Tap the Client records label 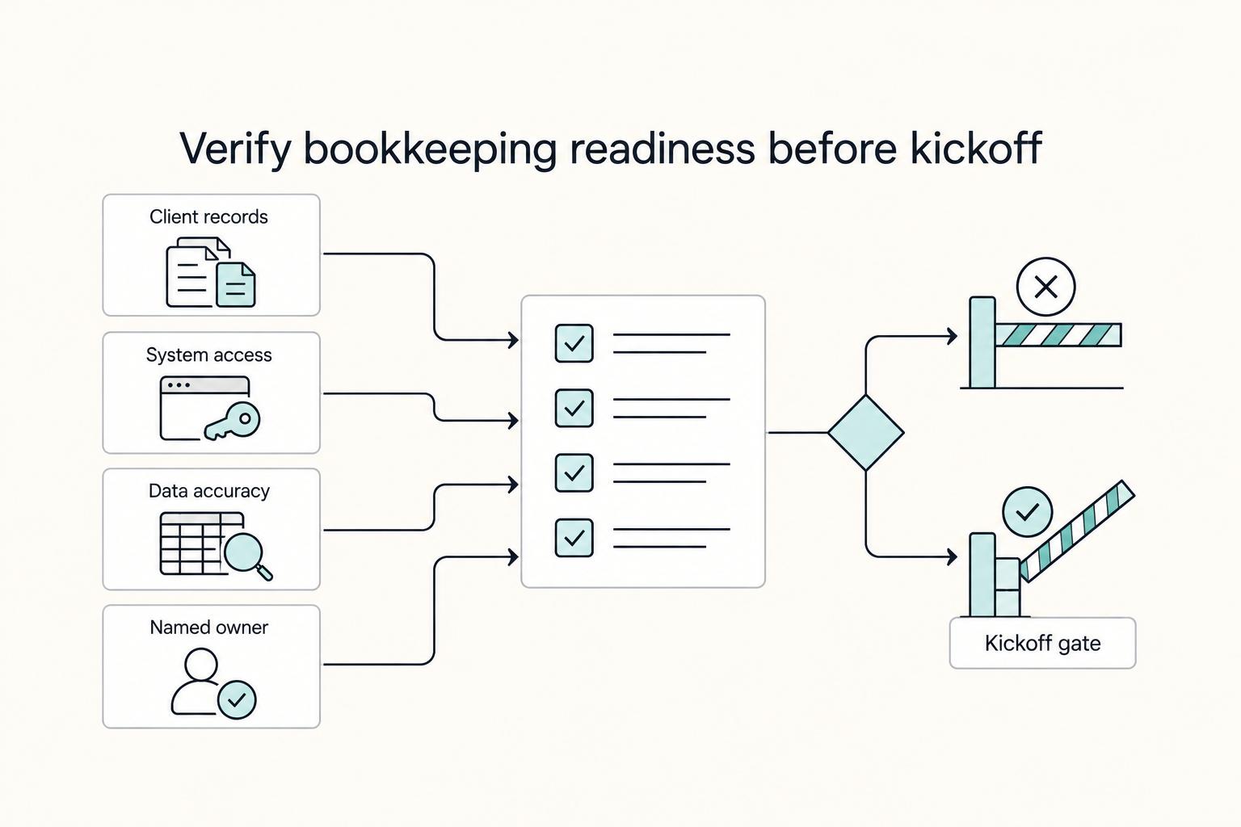coord(208,216)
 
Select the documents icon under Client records coord(211,272)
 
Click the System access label coord(209,355)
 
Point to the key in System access coord(233,422)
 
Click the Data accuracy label coord(209,491)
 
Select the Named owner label coord(209,627)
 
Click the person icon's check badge coord(237,700)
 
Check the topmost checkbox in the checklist coord(574,343)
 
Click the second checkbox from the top coord(574,408)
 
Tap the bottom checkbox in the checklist coord(574,538)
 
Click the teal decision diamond coord(866,433)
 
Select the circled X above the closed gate coord(1046,287)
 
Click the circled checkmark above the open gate coord(1028,512)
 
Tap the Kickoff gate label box coord(1043,643)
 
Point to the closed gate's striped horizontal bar coord(1058,335)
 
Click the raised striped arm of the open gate coord(1078,531)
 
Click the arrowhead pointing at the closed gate coord(952,336)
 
